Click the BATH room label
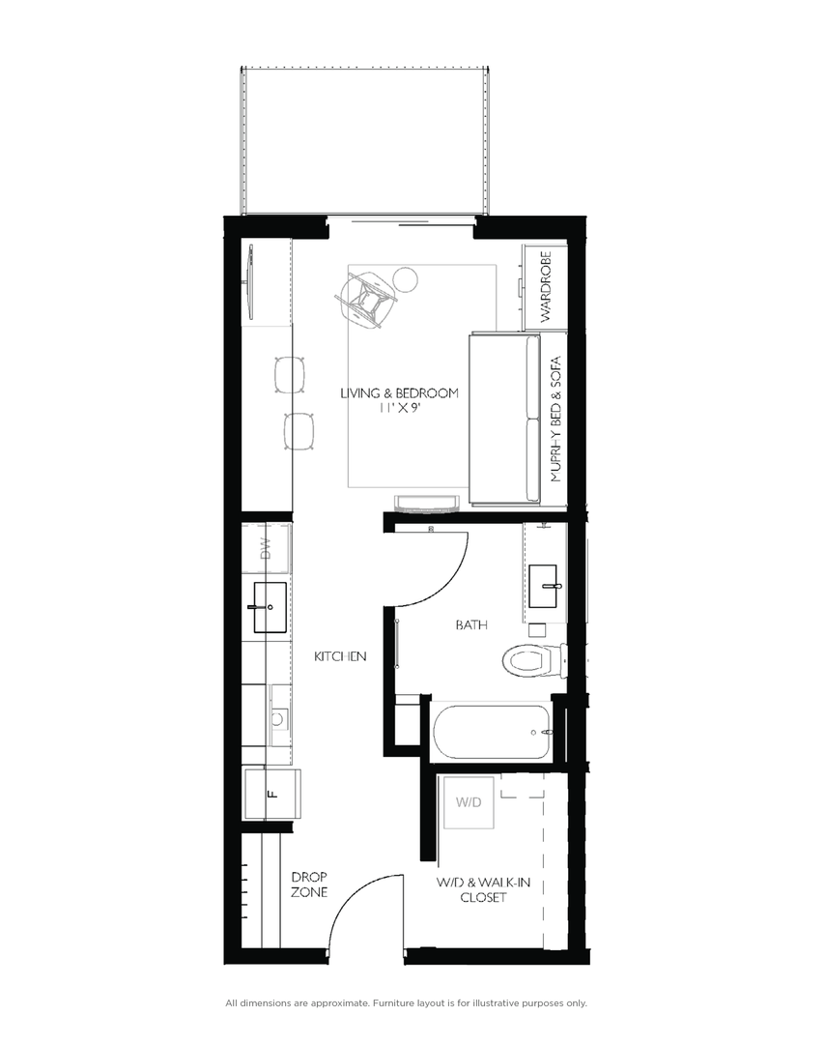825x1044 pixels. [x=471, y=625]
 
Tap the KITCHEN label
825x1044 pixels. [x=340, y=657]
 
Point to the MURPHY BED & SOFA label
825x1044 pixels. [x=555, y=418]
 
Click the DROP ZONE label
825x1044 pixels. [x=309, y=884]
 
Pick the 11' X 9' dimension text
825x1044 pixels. [x=398, y=409]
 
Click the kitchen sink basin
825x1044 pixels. [x=270, y=607]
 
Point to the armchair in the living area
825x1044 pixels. [x=366, y=299]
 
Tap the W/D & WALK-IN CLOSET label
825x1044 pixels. [x=471, y=889]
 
